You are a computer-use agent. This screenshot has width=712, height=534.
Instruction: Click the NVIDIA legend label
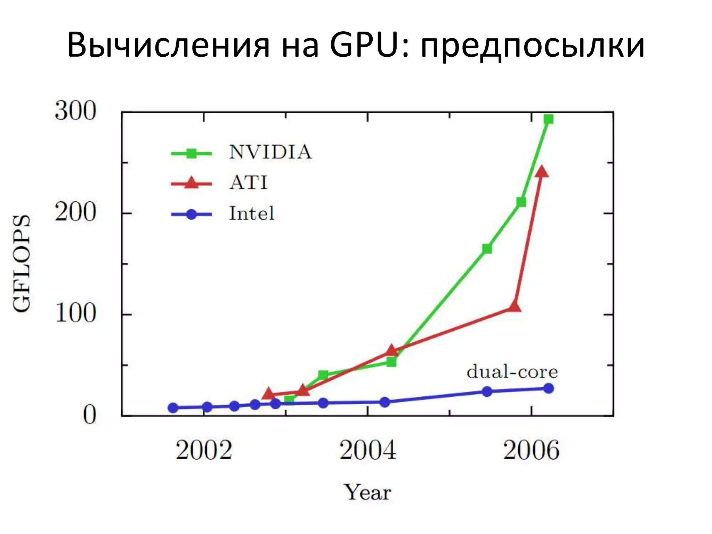(270, 152)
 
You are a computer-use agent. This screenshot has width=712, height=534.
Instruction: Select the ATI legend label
(248, 183)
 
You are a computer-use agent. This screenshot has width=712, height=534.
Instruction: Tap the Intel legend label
(251, 213)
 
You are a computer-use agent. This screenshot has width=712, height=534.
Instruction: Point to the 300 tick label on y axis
(75, 111)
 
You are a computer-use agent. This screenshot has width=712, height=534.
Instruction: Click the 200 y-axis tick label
(75, 212)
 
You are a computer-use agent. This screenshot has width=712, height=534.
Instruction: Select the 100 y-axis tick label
(75, 313)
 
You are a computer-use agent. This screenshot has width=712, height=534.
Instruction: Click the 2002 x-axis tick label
(204, 450)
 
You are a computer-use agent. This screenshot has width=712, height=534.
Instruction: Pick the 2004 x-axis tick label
(367, 450)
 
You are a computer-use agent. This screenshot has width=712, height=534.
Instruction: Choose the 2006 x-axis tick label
(531, 450)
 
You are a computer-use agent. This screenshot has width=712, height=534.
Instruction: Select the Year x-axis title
(367, 492)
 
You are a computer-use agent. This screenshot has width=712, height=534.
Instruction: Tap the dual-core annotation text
(512, 372)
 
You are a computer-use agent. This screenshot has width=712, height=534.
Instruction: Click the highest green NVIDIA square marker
(548, 119)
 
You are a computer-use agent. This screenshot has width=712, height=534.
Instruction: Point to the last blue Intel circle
(548, 388)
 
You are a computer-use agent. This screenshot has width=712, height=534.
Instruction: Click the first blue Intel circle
(173, 408)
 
